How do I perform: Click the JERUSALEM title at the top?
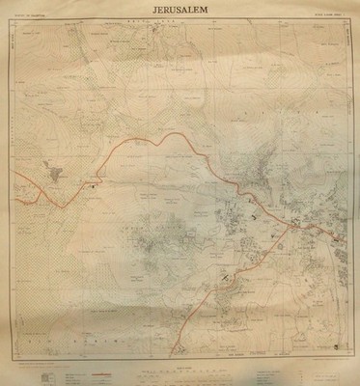pos(180,11)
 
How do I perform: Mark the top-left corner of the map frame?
pos(20,28)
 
